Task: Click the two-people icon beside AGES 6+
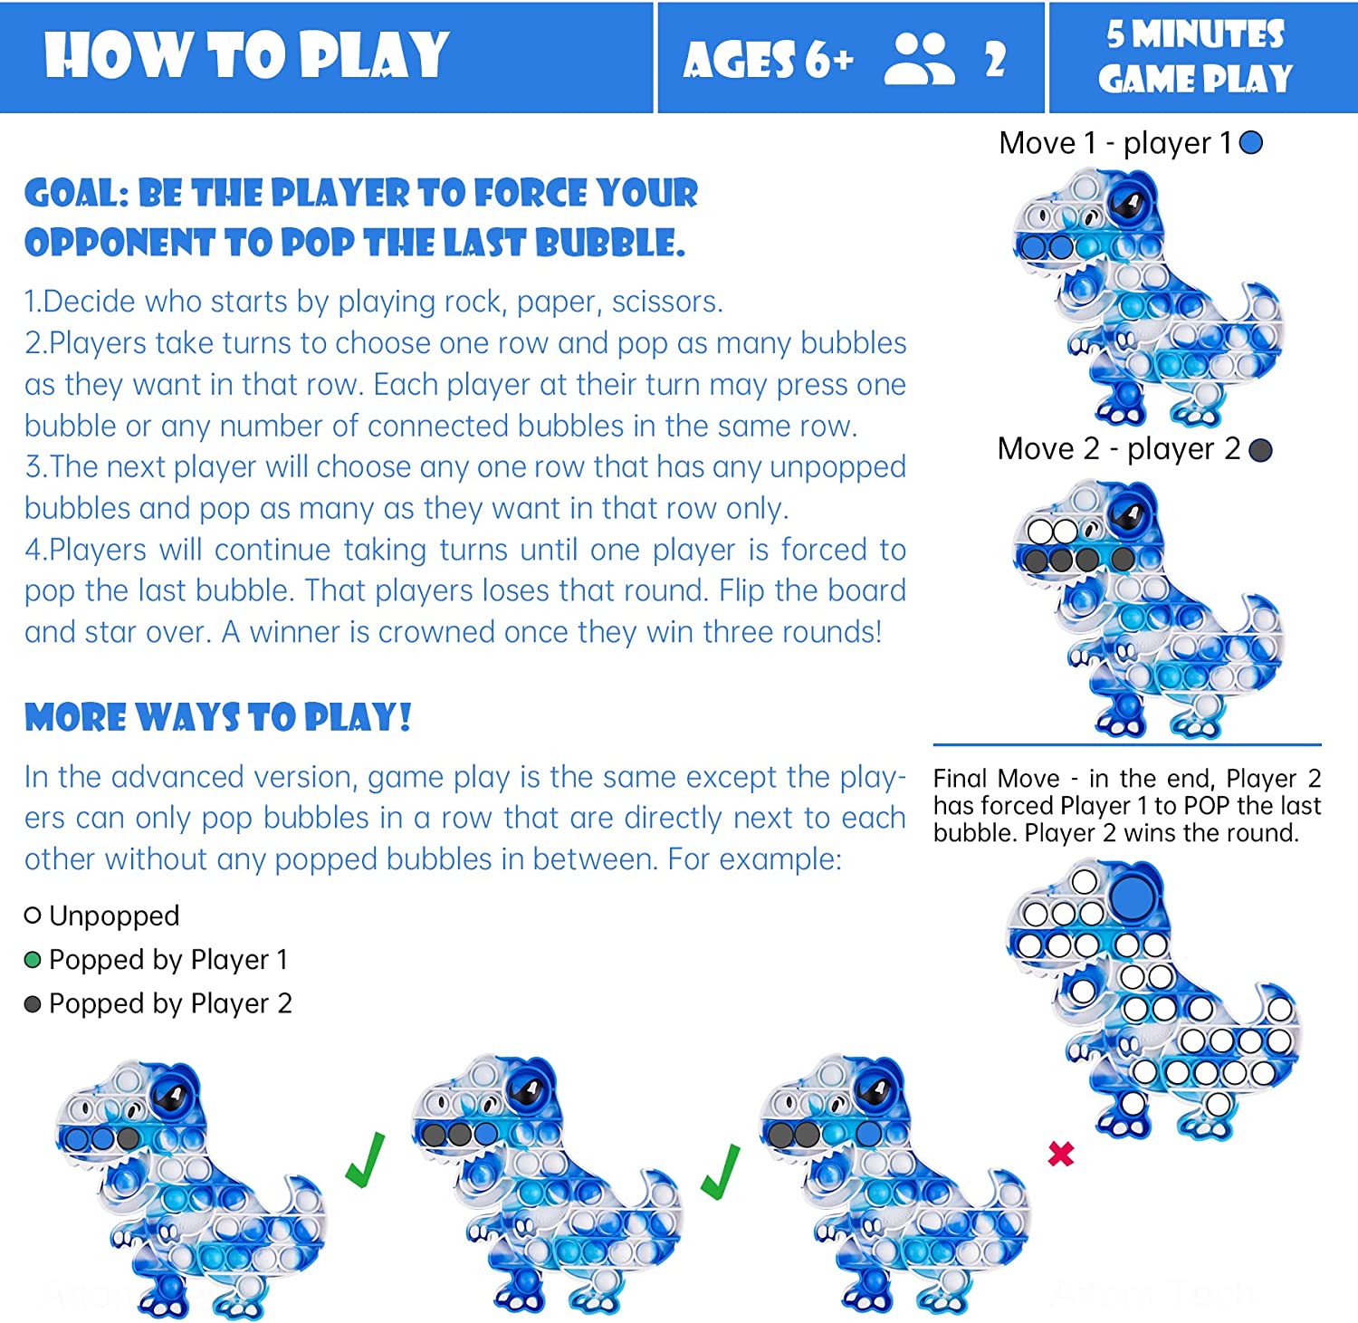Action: point(920,59)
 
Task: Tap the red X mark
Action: point(1061,1154)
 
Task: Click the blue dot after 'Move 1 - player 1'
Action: point(1251,143)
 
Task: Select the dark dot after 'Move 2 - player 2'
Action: point(1260,450)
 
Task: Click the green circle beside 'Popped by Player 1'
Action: point(33,960)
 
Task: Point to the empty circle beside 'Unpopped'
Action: point(33,916)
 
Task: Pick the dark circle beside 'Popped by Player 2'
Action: point(33,1004)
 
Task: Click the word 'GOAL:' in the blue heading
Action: point(77,193)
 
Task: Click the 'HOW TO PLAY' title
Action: point(246,55)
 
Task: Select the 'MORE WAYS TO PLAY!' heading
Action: point(218,717)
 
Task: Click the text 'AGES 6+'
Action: point(769,61)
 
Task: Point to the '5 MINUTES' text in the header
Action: point(1195,35)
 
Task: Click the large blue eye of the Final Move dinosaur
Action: point(1132,896)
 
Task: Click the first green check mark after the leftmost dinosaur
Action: point(366,1160)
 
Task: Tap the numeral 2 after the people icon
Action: point(995,61)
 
